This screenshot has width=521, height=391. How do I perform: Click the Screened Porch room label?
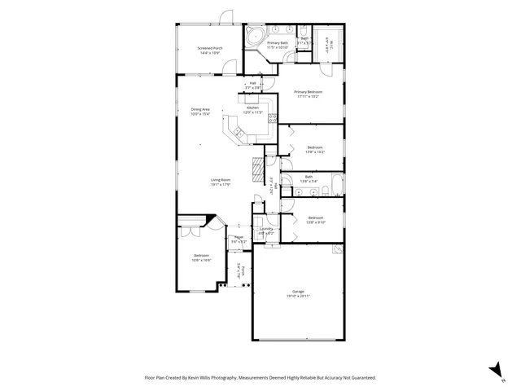(x=209, y=51)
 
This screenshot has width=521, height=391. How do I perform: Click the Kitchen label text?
(x=253, y=110)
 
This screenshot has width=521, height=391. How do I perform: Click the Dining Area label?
(x=200, y=112)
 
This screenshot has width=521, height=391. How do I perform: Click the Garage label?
(x=298, y=293)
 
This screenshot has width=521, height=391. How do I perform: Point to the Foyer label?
(x=239, y=239)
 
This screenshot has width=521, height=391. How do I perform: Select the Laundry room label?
(x=265, y=231)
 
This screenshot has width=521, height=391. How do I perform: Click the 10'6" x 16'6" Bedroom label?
(x=201, y=258)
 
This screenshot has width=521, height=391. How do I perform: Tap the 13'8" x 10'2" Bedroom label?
(x=315, y=149)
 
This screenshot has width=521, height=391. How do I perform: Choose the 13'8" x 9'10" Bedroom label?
(x=315, y=219)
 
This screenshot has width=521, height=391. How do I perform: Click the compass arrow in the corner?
(x=494, y=371)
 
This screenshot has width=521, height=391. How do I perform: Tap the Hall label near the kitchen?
(x=253, y=84)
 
